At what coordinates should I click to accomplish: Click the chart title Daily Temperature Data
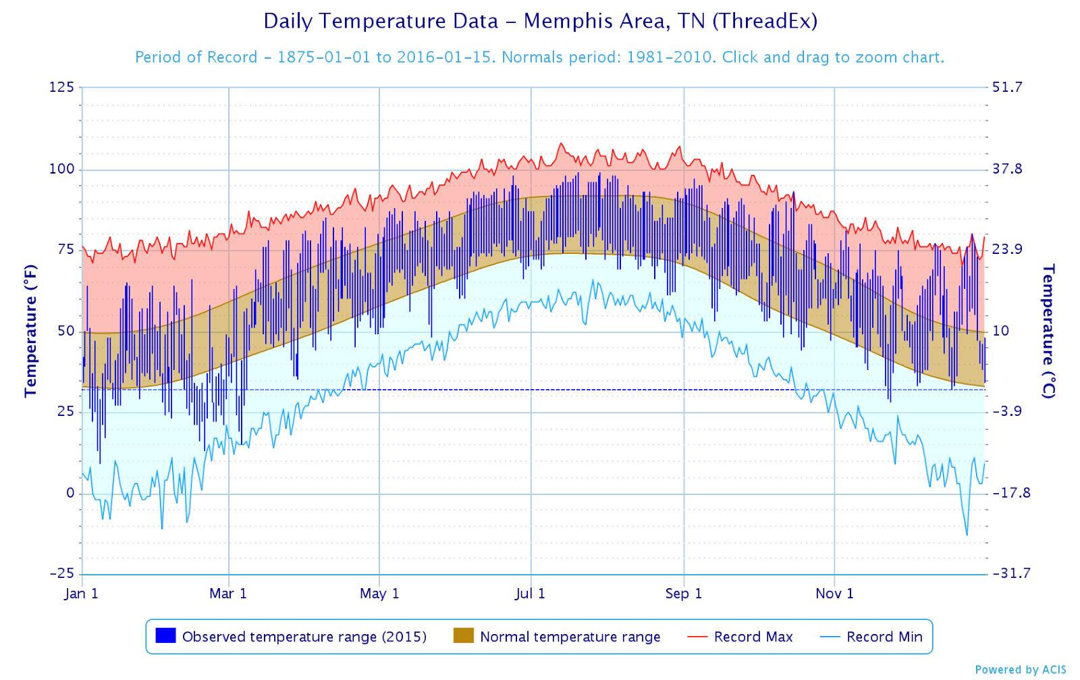coord(540,21)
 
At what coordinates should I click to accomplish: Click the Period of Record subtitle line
coord(539,57)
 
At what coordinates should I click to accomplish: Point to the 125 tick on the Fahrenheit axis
coord(61,87)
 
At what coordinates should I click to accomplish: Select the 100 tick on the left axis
coord(61,169)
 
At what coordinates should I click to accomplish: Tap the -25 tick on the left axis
coord(61,573)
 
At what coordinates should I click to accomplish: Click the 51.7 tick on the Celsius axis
coord(1006,87)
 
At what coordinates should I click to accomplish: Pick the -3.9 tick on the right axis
coord(1006,411)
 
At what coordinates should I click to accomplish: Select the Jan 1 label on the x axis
coord(82,594)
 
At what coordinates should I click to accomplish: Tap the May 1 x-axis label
coord(379,594)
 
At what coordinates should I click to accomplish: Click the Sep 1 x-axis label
coord(684,594)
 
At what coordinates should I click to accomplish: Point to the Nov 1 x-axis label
coord(834,594)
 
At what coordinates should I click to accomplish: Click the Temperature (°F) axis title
coord(30,331)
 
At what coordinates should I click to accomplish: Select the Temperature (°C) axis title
coord(1048,331)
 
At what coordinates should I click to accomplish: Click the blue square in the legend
coord(165,636)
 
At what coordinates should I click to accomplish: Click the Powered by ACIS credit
coord(1021,669)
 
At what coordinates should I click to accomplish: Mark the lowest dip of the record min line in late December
coord(967,535)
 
